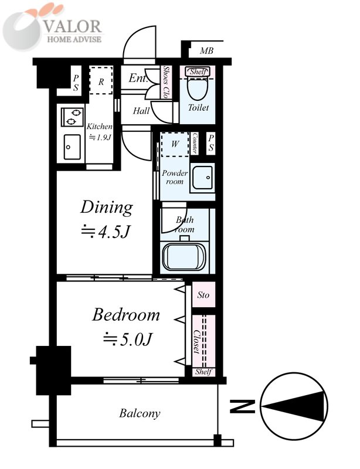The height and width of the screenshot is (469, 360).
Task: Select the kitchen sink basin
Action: (x=72, y=147)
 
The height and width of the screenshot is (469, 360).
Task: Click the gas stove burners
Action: (x=73, y=117)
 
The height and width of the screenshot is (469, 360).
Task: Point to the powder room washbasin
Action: (x=202, y=178)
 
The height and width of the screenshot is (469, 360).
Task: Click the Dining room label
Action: (x=107, y=208)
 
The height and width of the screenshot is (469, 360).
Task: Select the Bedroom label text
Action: (x=125, y=315)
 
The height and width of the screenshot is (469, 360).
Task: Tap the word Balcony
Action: (x=140, y=413)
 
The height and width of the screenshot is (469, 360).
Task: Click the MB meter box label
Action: (x=206, y=51)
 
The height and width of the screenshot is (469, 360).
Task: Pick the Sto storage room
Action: (x=203, y=295)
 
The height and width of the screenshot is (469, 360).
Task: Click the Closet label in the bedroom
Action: (x=196, y=342)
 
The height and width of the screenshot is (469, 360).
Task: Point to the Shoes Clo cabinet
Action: (x=165, y=82)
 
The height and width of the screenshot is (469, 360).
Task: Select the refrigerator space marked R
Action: (x=101, y=80)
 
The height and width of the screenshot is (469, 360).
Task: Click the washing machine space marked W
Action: (x=175, y=144)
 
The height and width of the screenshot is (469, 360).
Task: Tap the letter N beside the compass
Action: (x=242, y=406)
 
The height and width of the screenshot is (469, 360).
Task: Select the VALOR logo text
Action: (x=73, y=26)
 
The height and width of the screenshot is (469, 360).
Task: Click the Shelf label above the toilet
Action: (x=198, y=72)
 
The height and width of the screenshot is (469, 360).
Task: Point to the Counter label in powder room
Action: (x=195, y=143)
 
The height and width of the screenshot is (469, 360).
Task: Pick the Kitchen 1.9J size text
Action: (x=100, y=131)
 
